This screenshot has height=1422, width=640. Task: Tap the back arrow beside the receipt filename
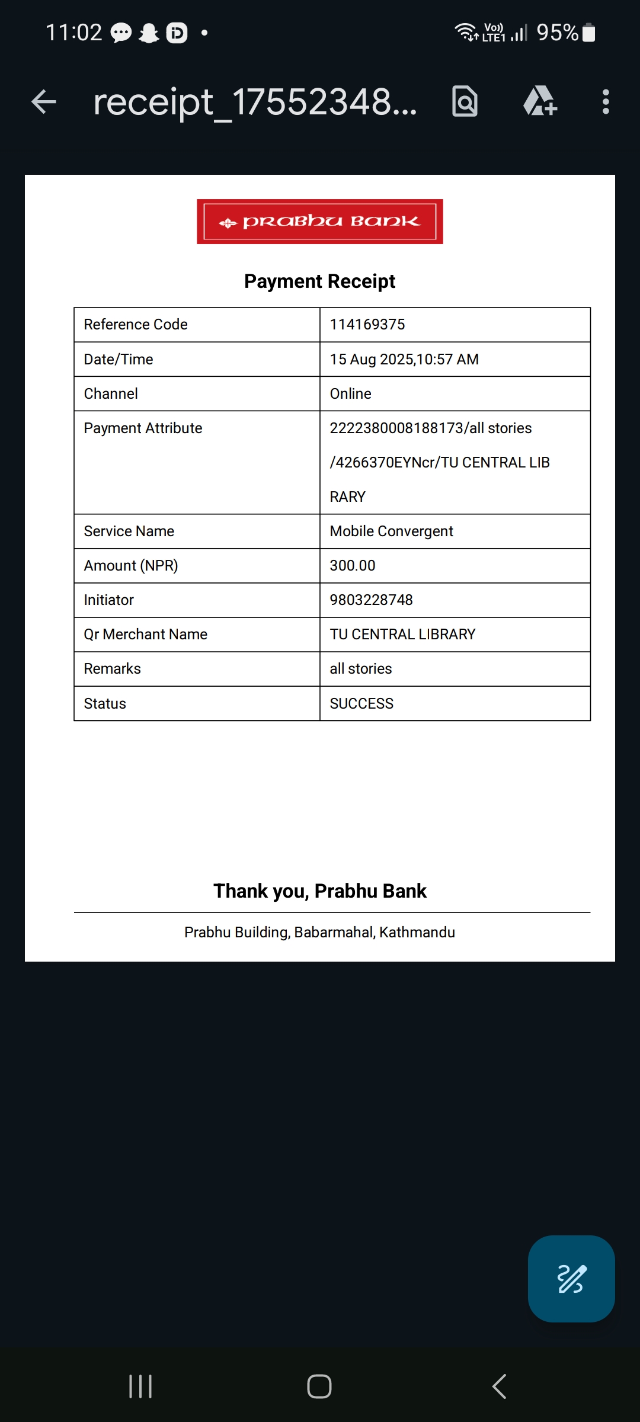(44, 102)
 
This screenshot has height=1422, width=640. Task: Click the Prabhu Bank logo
(320, 222)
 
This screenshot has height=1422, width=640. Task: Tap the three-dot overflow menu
(605, 102)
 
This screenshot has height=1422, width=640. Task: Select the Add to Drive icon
(540, 101)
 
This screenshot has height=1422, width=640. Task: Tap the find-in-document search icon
(465, 101)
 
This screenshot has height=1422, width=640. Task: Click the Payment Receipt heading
(320, 281)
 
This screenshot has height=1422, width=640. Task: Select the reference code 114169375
(367, 325)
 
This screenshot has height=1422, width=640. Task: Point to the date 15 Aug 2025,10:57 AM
(404, 360)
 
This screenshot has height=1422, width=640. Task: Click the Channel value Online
(351, 394)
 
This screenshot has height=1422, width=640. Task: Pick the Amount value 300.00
(353, 566)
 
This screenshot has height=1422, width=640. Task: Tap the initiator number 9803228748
(372, 600)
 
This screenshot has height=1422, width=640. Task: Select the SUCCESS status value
(361, 704)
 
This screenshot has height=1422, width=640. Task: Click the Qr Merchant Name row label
(146, 635)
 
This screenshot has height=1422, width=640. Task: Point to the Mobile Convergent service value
(391, 531)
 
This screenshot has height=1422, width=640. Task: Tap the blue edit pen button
(571, 1279)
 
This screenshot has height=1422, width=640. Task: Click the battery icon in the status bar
(588, 33)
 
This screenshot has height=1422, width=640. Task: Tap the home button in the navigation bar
(319, 1386)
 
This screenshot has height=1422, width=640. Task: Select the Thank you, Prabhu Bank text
(320, 891)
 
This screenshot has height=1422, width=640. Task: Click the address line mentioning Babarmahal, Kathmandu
(320, 933)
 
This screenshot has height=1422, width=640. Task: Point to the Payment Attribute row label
(143, 428)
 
